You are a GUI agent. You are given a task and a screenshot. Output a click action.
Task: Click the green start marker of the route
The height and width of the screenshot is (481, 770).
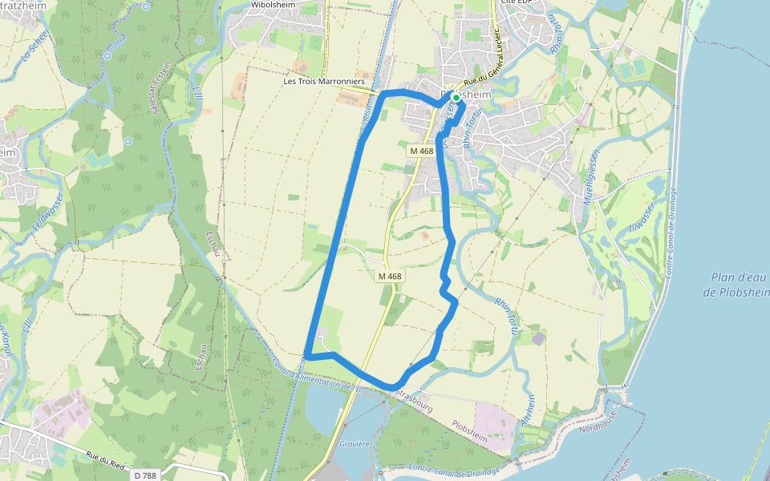456,98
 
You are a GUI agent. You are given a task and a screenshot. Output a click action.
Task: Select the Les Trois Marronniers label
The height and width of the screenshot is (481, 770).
324,82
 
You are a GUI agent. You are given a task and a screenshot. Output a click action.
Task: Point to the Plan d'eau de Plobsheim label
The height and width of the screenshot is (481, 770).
736,285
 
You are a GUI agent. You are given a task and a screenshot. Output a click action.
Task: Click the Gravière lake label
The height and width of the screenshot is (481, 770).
354,443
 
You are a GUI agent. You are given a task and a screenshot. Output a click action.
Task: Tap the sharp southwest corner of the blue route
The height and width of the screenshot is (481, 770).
307,354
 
